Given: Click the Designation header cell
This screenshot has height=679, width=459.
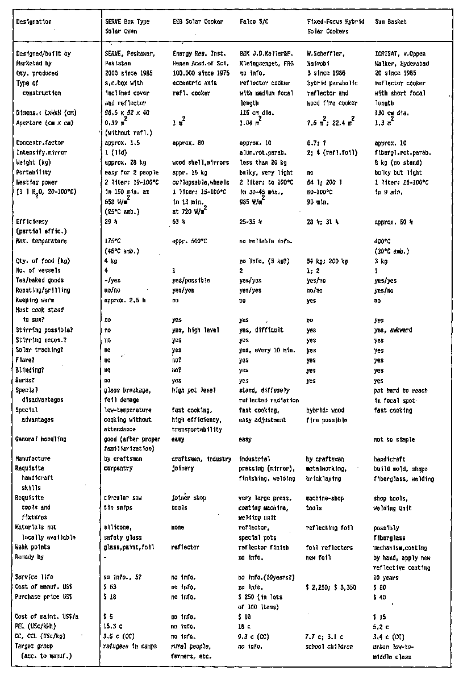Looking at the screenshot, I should coord(34,22).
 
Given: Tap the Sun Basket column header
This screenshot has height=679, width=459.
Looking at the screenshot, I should coord(391,22).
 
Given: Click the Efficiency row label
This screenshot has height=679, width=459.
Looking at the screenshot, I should coord(32,221).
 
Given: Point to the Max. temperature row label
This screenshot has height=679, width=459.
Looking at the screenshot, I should coord(40,241).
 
